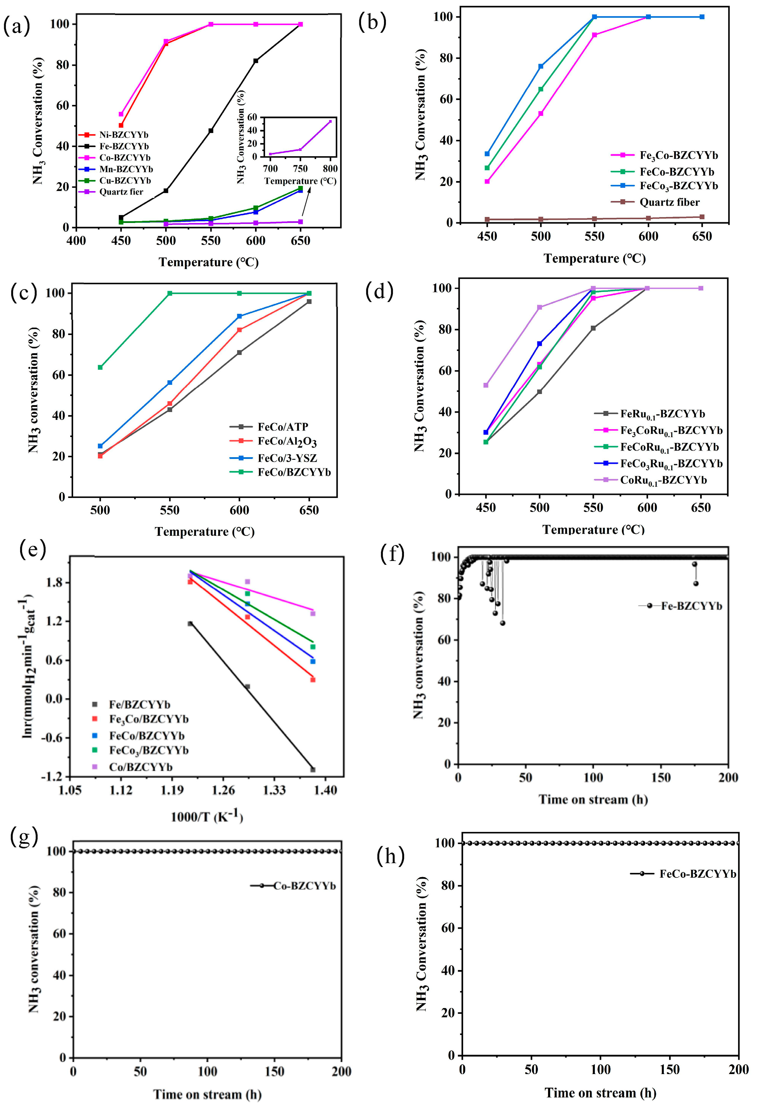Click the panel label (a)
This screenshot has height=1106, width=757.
coord(17,26)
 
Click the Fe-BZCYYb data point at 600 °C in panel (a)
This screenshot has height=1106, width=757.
coord(256,61)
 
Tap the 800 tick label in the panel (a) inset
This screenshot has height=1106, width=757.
coord(330,169)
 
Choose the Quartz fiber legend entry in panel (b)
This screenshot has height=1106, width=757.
coord(669,202)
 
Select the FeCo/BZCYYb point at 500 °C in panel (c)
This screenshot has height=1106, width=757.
coord(100,367)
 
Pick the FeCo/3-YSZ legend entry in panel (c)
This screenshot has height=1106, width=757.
coord(287,458)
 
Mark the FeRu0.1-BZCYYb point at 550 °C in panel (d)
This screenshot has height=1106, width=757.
coord(593,328)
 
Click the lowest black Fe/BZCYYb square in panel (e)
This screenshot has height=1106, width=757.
coord(313,769)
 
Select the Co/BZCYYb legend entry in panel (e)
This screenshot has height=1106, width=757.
coord(141,767)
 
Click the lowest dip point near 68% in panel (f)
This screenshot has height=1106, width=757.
coord(502,623)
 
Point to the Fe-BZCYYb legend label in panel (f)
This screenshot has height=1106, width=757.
coord(691,606)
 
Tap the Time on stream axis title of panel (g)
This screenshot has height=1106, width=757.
coord(207,1094)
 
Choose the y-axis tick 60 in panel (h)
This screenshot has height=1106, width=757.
coord(448,928)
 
